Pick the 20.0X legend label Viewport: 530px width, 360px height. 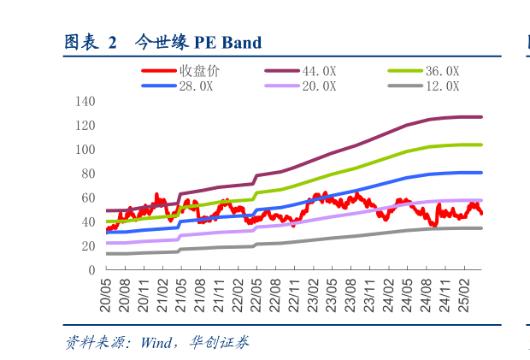coord(319,86)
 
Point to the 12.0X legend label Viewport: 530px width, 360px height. coord(442,86)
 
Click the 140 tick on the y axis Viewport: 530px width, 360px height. coord(85,101)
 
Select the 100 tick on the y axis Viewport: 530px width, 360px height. coord(85,150)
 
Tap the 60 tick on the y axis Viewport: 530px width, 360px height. coord(87,198)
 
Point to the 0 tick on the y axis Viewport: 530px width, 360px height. coord(91,270)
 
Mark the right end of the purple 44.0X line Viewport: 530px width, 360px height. coord(481,117)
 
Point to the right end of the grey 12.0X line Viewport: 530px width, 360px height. coord(481,228)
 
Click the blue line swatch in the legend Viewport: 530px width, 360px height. coord(159,86)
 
